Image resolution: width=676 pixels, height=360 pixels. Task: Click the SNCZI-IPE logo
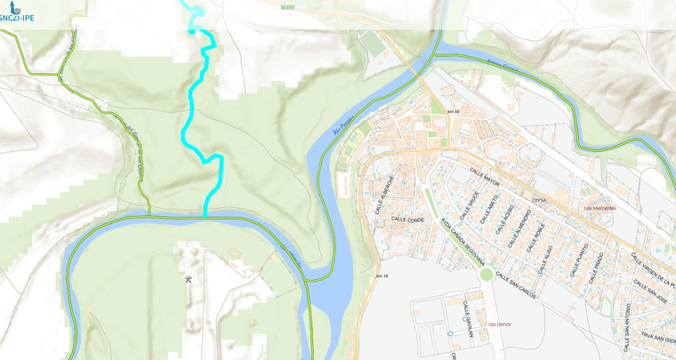coord(18,12)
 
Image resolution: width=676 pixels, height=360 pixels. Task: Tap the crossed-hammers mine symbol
coord(189,280)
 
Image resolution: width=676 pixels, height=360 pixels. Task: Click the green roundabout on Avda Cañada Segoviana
coord(486,274)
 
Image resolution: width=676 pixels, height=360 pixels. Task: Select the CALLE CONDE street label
coord(407,219)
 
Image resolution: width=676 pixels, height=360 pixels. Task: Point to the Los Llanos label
coord(499,324)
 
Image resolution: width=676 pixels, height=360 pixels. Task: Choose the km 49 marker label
coord(454,110)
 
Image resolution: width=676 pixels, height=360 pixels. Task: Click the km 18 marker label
coord(382,277)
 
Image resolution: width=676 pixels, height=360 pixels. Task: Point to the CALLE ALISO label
coord(546,258)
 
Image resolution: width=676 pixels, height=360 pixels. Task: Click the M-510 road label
coord(287,6)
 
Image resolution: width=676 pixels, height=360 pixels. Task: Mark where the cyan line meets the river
coord(205,215)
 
